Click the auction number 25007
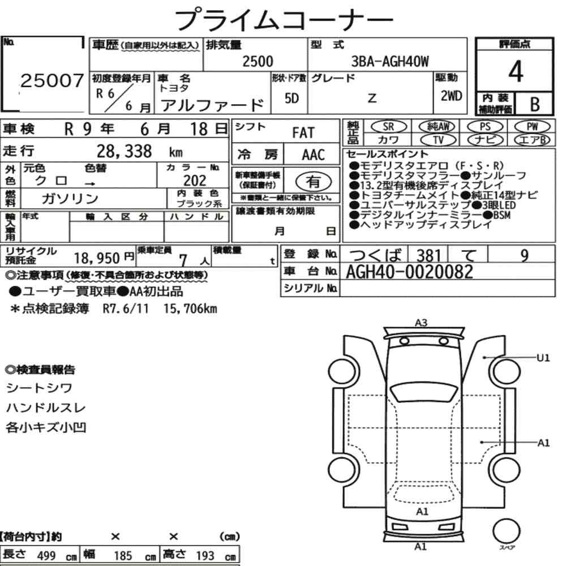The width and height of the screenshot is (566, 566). coord(52,80)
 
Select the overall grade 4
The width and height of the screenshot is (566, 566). coord(516,71)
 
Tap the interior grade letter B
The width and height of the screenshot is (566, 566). coord(535,104)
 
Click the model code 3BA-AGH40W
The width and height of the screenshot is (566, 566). coord(390,61)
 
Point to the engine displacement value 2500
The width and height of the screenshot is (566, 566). coord(258,61)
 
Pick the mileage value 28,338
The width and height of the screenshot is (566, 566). coord(124,151)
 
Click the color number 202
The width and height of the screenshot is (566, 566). coord(195,181)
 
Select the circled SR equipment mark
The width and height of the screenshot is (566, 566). coord(389,126)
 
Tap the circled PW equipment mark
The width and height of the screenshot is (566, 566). coord(532,126)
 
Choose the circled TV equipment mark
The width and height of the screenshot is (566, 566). coord(438,140)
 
